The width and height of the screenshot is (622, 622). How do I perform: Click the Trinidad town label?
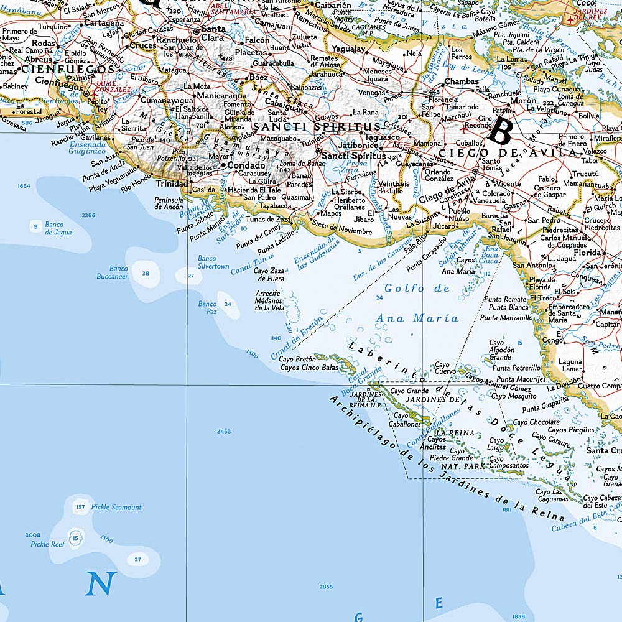click(x=172, y=184)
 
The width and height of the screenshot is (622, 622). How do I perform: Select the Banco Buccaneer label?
click(x=112, y=272)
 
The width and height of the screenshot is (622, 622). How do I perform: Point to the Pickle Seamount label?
click(x=116, y=507)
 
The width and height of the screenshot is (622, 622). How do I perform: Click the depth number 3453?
click(x=223, y=431)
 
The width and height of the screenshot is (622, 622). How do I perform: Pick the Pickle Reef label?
click(x=48, y=544)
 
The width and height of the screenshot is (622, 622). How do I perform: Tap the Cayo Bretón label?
click(x=298, y=359)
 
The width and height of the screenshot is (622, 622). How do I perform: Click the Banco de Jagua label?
click(x=58, y=228)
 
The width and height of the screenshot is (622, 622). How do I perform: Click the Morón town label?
click(x=522, y=100)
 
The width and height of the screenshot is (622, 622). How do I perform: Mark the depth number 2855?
click(x=326, y=587)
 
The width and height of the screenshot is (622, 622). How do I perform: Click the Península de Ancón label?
click(x=170, y=203)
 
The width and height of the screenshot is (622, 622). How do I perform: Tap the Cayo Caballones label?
click(x=407, y=420)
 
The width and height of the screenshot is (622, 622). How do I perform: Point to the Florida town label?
click(x=587, y=253)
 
